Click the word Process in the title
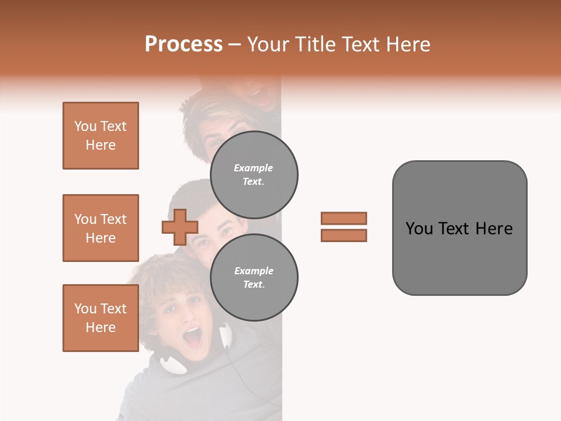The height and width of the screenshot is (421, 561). point(183,44)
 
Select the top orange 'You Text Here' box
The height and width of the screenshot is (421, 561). point(101,136)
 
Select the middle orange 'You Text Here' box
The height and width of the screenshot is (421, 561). point(101,228)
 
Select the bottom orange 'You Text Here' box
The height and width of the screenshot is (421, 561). point(101,318)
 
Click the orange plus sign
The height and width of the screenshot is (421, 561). point(180,227)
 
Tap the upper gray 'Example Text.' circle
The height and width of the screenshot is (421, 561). point(254,175)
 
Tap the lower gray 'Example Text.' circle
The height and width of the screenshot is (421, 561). point(254,278)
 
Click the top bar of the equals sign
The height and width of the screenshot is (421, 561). point(344,218)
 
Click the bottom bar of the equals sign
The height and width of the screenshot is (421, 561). point(344,236)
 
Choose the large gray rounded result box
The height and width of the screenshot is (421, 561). point(459,228)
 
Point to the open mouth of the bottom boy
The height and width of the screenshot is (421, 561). point(193,337)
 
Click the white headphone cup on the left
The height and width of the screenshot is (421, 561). point(174,364)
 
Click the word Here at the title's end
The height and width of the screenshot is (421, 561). point(407,44)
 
